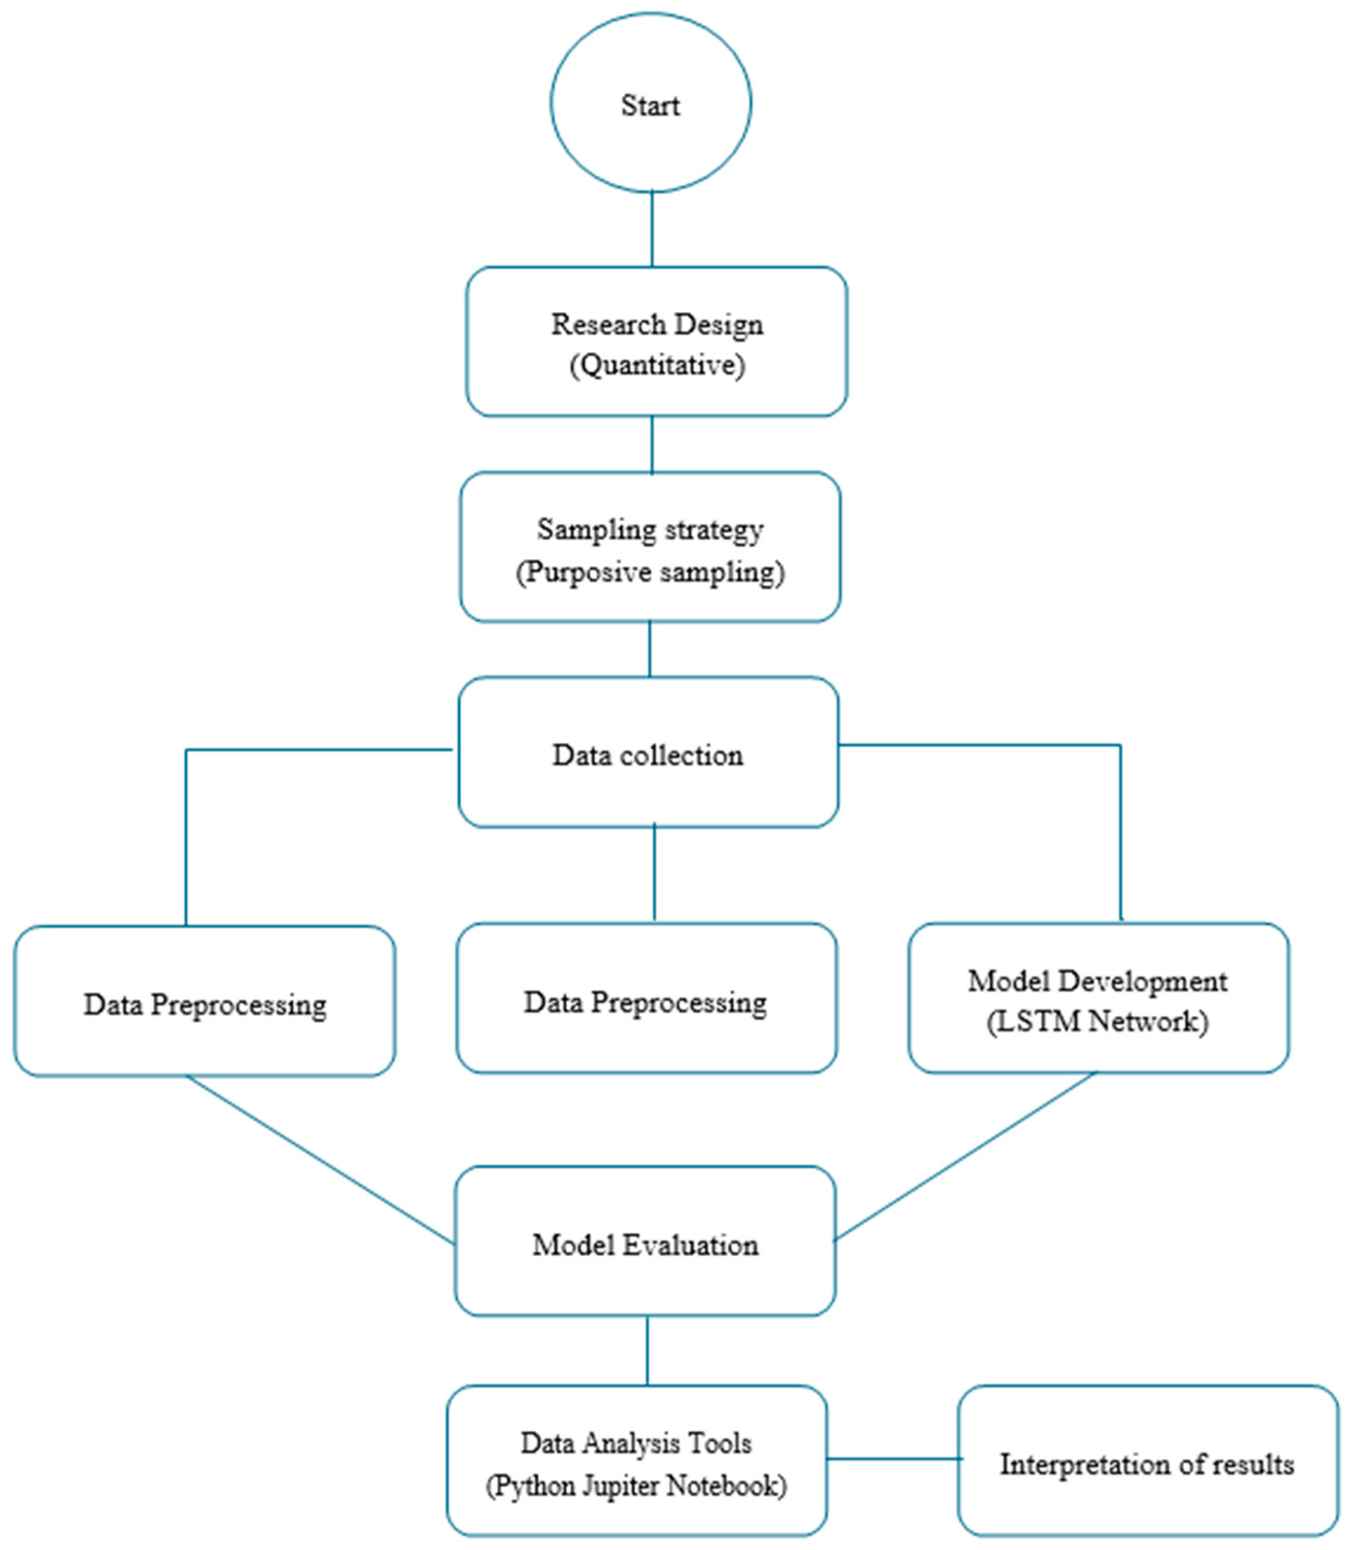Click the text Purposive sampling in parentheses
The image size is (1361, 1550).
pyautogui.click(x=651, y=572)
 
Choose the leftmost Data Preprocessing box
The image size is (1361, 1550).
pyautogui.click(x=205, y=1001)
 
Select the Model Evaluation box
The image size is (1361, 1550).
pyautogui.click(x=645, y=1244)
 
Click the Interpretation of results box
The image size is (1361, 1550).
pyautogui.click(x=1147, y=1463)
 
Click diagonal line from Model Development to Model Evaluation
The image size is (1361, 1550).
pyautogui.click(x=964, y=1157)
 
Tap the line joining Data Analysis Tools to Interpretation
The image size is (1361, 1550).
pyautogui.click(x=893, y=1458)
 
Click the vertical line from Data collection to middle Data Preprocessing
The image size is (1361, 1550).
pyautogui.click(x=654, y=874)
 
